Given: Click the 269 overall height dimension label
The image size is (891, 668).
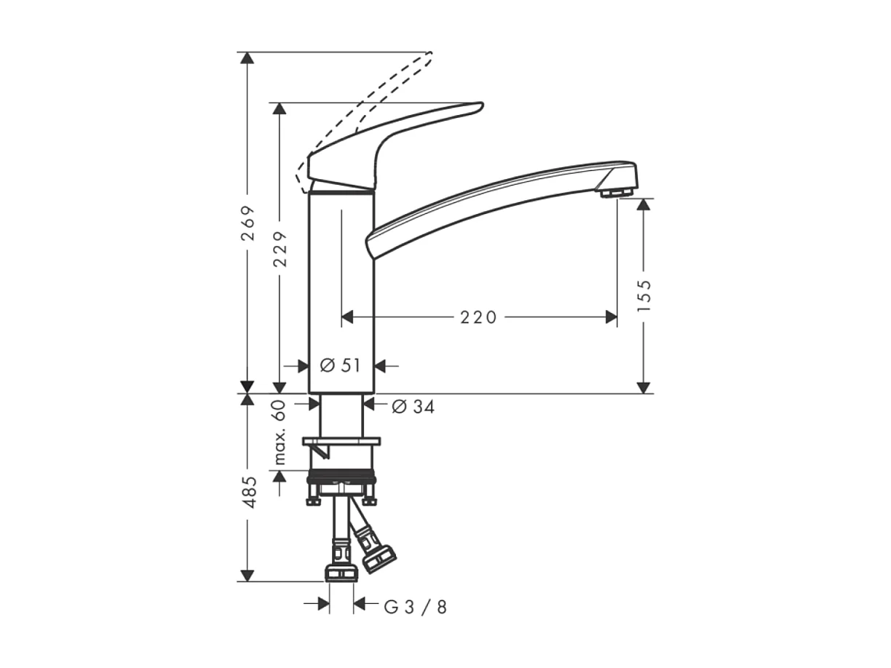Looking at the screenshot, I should click(x=248, y=223).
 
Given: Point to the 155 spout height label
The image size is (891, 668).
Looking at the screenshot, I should click(x=643, y=295).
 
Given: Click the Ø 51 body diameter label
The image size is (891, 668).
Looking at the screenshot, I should click(x=341, y=366).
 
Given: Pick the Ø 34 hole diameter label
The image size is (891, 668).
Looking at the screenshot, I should click(x=413, y=407).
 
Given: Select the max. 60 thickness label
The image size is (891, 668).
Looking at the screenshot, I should click(x=280, y=434).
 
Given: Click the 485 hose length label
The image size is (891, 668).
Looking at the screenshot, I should click(x=248, y=492).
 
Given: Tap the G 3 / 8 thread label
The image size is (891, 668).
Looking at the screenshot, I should click(x=415, y=606).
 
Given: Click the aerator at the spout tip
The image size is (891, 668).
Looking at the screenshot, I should click(x=616, y=193).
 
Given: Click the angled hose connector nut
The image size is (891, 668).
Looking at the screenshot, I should click(x=379, y=558).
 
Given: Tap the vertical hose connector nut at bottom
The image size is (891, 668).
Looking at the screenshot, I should click(x=341, y=573).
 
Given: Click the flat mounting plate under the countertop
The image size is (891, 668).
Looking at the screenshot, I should click(x=341, y=441).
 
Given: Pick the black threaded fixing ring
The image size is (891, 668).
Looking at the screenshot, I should click(x=341, y=477).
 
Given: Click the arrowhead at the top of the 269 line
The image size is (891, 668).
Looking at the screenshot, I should click(x=248, y=58).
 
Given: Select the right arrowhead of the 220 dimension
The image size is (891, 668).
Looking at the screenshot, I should click(x=611, y=317).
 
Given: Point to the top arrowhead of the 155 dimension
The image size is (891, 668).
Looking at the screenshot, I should click(x=643, y=204).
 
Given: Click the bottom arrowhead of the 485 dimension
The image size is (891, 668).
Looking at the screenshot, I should click(x=248, y=576).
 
